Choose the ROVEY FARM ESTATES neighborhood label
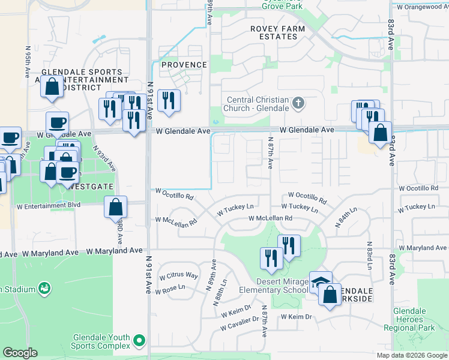click(x=278, y=32)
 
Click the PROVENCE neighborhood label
click(x=183, y=65)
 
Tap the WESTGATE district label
click(x=89, y=187)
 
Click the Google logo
click(x=20, y=353)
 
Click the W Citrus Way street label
click(x=178, y=276)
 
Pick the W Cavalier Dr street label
click(x=239, y=327)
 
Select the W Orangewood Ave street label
click(x=420, y=7)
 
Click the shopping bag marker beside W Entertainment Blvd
click(x=116, y=208)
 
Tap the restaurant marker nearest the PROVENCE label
click(x=169, y=102)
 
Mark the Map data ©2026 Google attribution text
click(x=411, y=355)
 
